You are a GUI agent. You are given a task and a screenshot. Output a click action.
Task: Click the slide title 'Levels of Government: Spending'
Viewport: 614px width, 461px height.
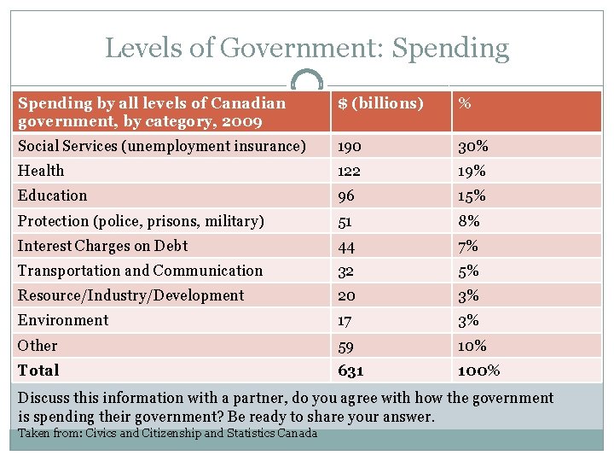[307, 48]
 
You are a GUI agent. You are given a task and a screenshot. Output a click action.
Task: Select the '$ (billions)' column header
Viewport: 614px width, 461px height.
[380, 103]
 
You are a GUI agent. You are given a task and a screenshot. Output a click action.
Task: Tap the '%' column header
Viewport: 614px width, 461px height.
[466, 103]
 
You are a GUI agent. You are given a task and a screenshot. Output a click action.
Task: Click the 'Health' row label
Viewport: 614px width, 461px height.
[41, 171]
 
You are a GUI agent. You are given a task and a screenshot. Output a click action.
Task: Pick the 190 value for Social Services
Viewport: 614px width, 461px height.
[350, 146]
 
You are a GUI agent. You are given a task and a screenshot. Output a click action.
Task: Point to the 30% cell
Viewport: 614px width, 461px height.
[472, 146]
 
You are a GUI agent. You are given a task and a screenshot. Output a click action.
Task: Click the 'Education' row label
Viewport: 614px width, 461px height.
[53, 195]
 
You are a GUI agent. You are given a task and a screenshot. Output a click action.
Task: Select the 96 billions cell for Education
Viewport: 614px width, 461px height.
[346, 195]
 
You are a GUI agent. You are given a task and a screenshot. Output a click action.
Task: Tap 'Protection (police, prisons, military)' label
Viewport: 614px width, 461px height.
[141, 221]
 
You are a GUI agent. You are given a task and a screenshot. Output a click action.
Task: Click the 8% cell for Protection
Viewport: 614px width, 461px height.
[469, 221]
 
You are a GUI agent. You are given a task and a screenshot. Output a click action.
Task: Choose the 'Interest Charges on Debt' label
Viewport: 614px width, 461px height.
[102, 246]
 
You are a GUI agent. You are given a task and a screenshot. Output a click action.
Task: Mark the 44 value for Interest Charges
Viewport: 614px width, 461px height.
[346, 246]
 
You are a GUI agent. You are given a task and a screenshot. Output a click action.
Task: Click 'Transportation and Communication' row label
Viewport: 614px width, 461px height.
[140, 271]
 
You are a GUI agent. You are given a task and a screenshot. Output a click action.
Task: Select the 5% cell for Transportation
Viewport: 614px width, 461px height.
[469, 271]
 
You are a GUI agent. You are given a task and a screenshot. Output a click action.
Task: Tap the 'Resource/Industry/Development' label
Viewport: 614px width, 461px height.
[130, 295]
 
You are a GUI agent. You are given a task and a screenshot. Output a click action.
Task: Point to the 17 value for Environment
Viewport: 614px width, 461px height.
[345, 321]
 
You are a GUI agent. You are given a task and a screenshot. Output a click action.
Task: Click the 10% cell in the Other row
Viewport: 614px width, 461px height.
[472, 346]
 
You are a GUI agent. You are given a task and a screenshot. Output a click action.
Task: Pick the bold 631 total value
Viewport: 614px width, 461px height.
[350, 371]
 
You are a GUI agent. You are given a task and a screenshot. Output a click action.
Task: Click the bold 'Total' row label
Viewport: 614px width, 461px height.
[38, 371]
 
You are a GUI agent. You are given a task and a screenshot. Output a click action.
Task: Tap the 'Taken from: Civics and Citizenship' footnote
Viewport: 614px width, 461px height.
[167, 433]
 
